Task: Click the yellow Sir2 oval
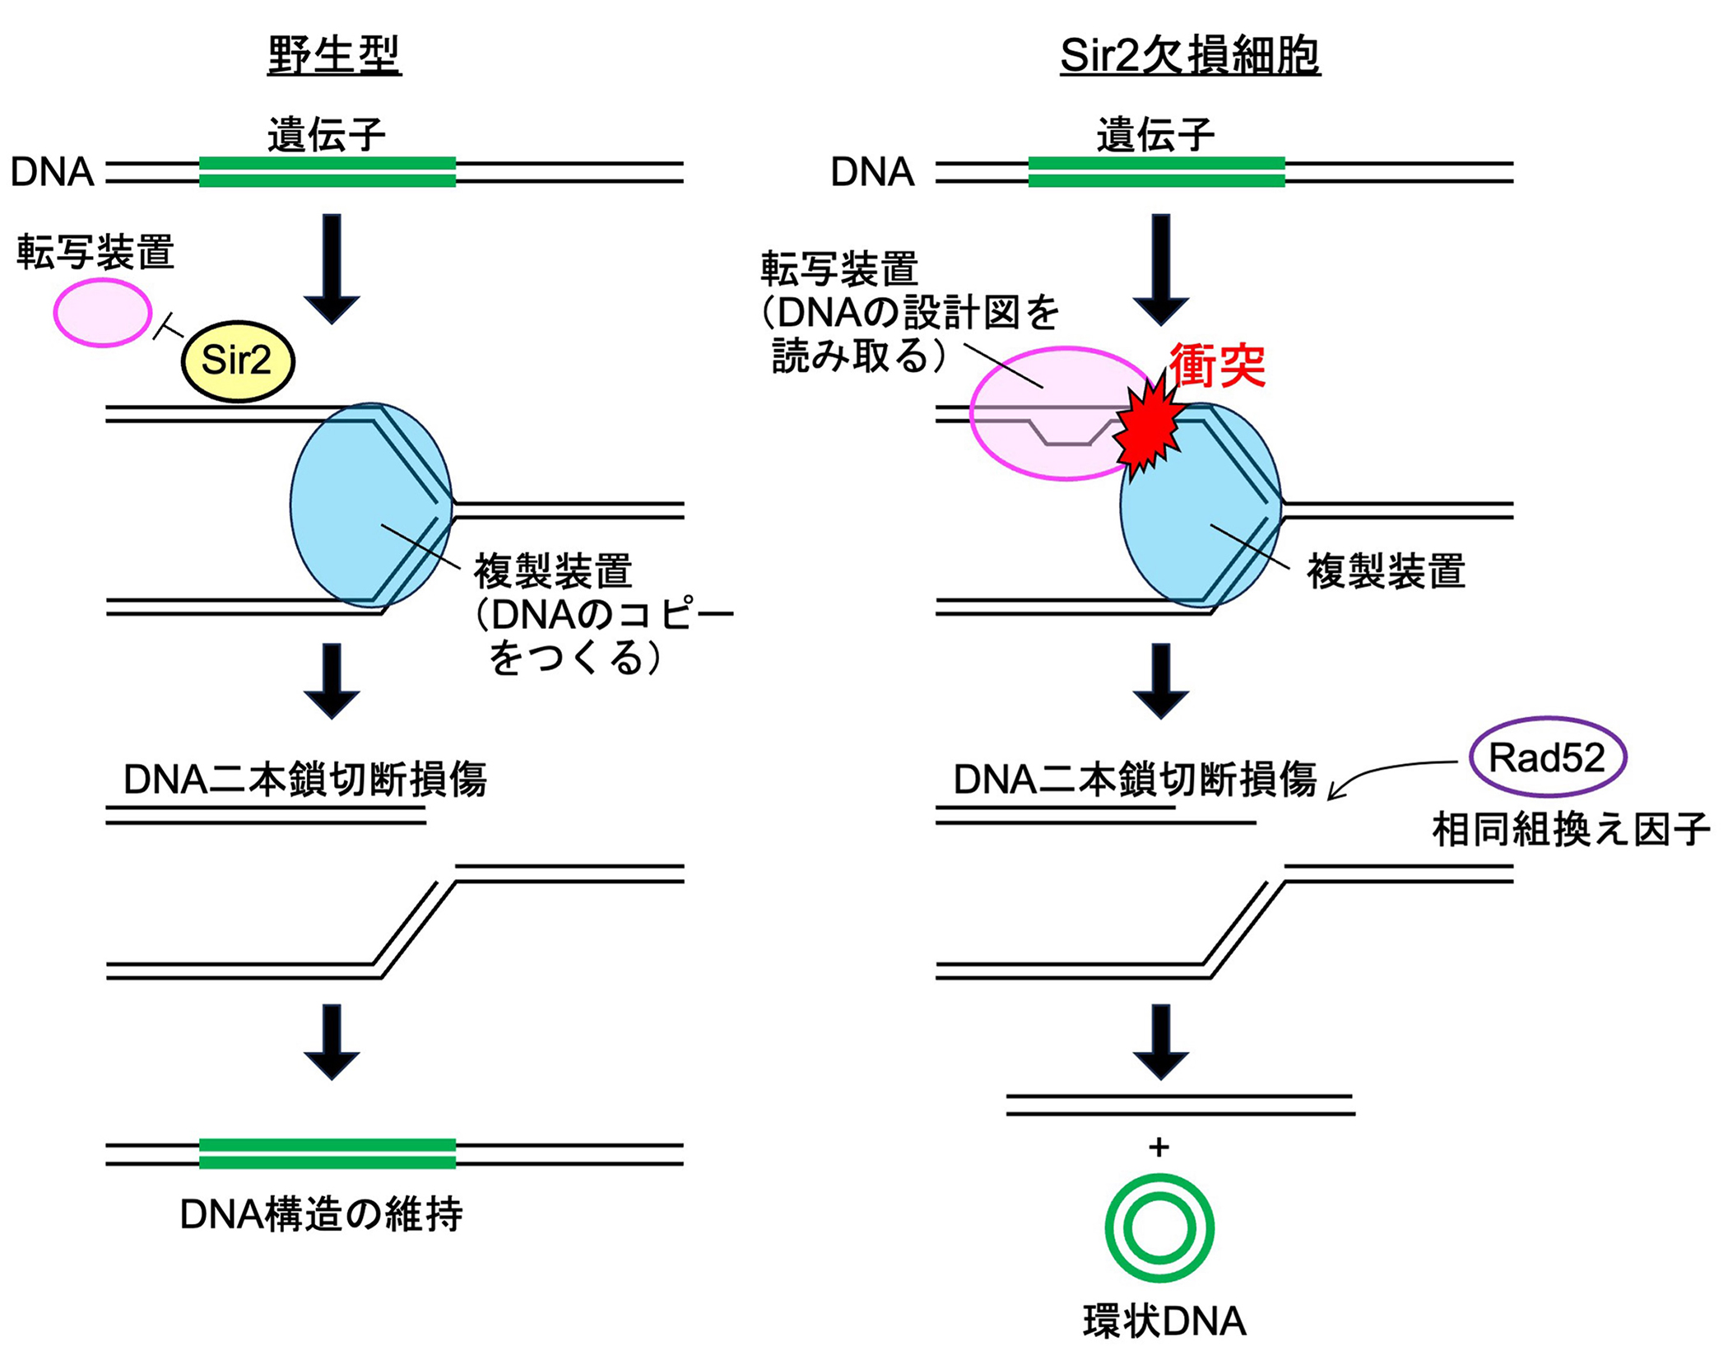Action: point(237,361)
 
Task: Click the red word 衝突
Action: point(1217,365)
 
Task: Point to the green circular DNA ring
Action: point(1159,1228)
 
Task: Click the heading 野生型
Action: point(334,56)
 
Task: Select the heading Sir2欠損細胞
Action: point(1190,56)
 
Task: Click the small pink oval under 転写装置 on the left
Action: point(103,313)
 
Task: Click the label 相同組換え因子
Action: point(1570,829)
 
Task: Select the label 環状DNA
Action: point(1164,1322)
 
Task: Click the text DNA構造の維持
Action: point(321,1214)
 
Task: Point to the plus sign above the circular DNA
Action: point(1159,1147)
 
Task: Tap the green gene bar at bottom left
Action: point(327,1153)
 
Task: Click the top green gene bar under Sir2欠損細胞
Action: point(1156,172)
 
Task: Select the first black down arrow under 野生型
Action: point(332,268)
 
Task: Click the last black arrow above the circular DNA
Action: point(1160,1041)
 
